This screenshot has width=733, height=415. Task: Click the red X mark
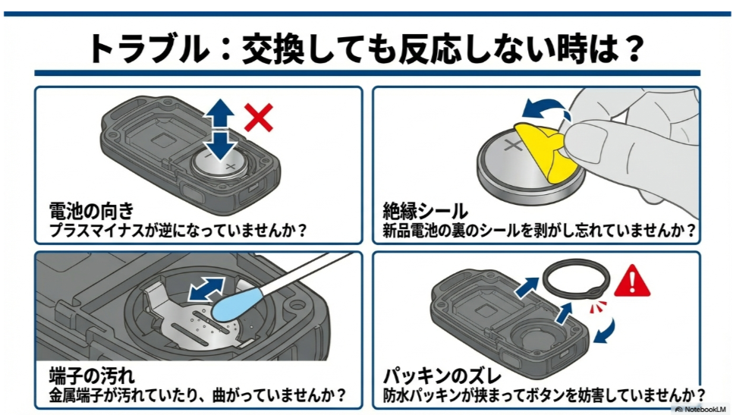[259, 118]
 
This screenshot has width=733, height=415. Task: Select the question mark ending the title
[632, 49]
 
